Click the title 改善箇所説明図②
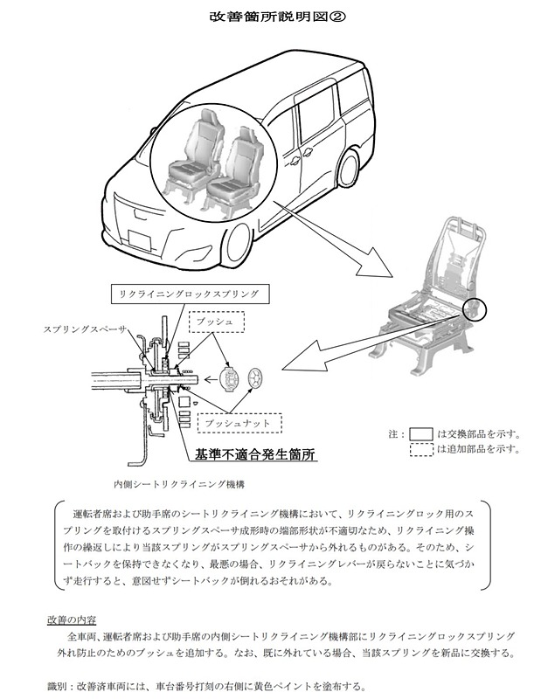[x=269, y=16]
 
